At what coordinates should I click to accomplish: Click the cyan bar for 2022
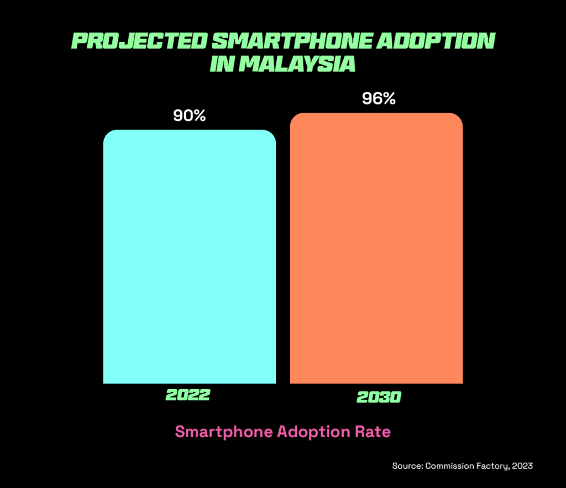pyautogui.click(x=189, y=257)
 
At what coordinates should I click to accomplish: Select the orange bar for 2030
pyautogui.click(x=376, y=249)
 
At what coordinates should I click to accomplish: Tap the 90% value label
pyautogui.click(x=189, y=116)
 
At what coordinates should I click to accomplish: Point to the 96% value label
pyautogui.click(x=379, y=99)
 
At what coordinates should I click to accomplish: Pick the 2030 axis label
pyautogui.click(x=379, y=397)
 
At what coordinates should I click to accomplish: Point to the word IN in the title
pyautogui.click(x=223, y=63)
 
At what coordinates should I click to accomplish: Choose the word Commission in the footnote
pyautogui.click(x=447, y=466)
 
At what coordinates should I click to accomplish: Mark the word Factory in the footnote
pyautogui.click(x=491, y=466)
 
